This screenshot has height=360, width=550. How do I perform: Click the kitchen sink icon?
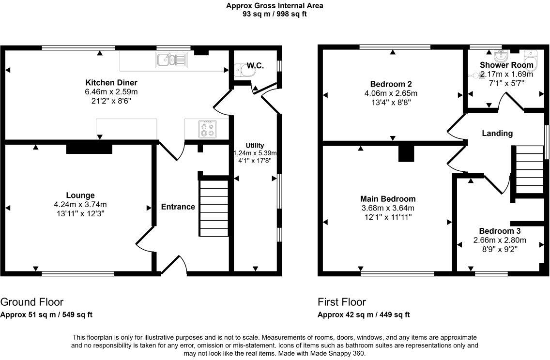tap(170, 60)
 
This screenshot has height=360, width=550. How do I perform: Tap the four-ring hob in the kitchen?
tap(207, 129)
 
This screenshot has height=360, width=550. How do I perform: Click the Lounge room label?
tap(80, 195)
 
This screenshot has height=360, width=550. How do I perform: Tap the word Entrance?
tap(178, 207)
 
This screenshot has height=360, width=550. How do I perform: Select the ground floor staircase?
tap(214, 208)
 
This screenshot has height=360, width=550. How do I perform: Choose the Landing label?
tap(497, 133)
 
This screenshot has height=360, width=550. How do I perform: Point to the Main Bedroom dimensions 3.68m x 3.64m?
tap(388, 208)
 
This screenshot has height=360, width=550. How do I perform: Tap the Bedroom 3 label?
tap(499, 231)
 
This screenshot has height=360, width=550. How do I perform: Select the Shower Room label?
tap(506, 65)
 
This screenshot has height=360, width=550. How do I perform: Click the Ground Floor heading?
tap(32, 302)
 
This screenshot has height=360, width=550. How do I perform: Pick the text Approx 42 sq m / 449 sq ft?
tap(364, 315)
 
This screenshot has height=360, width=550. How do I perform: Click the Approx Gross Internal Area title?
tap(275, 6)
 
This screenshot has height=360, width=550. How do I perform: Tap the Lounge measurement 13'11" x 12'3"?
tap(80, 212)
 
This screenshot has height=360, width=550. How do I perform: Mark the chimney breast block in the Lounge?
tap(89, 148)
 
